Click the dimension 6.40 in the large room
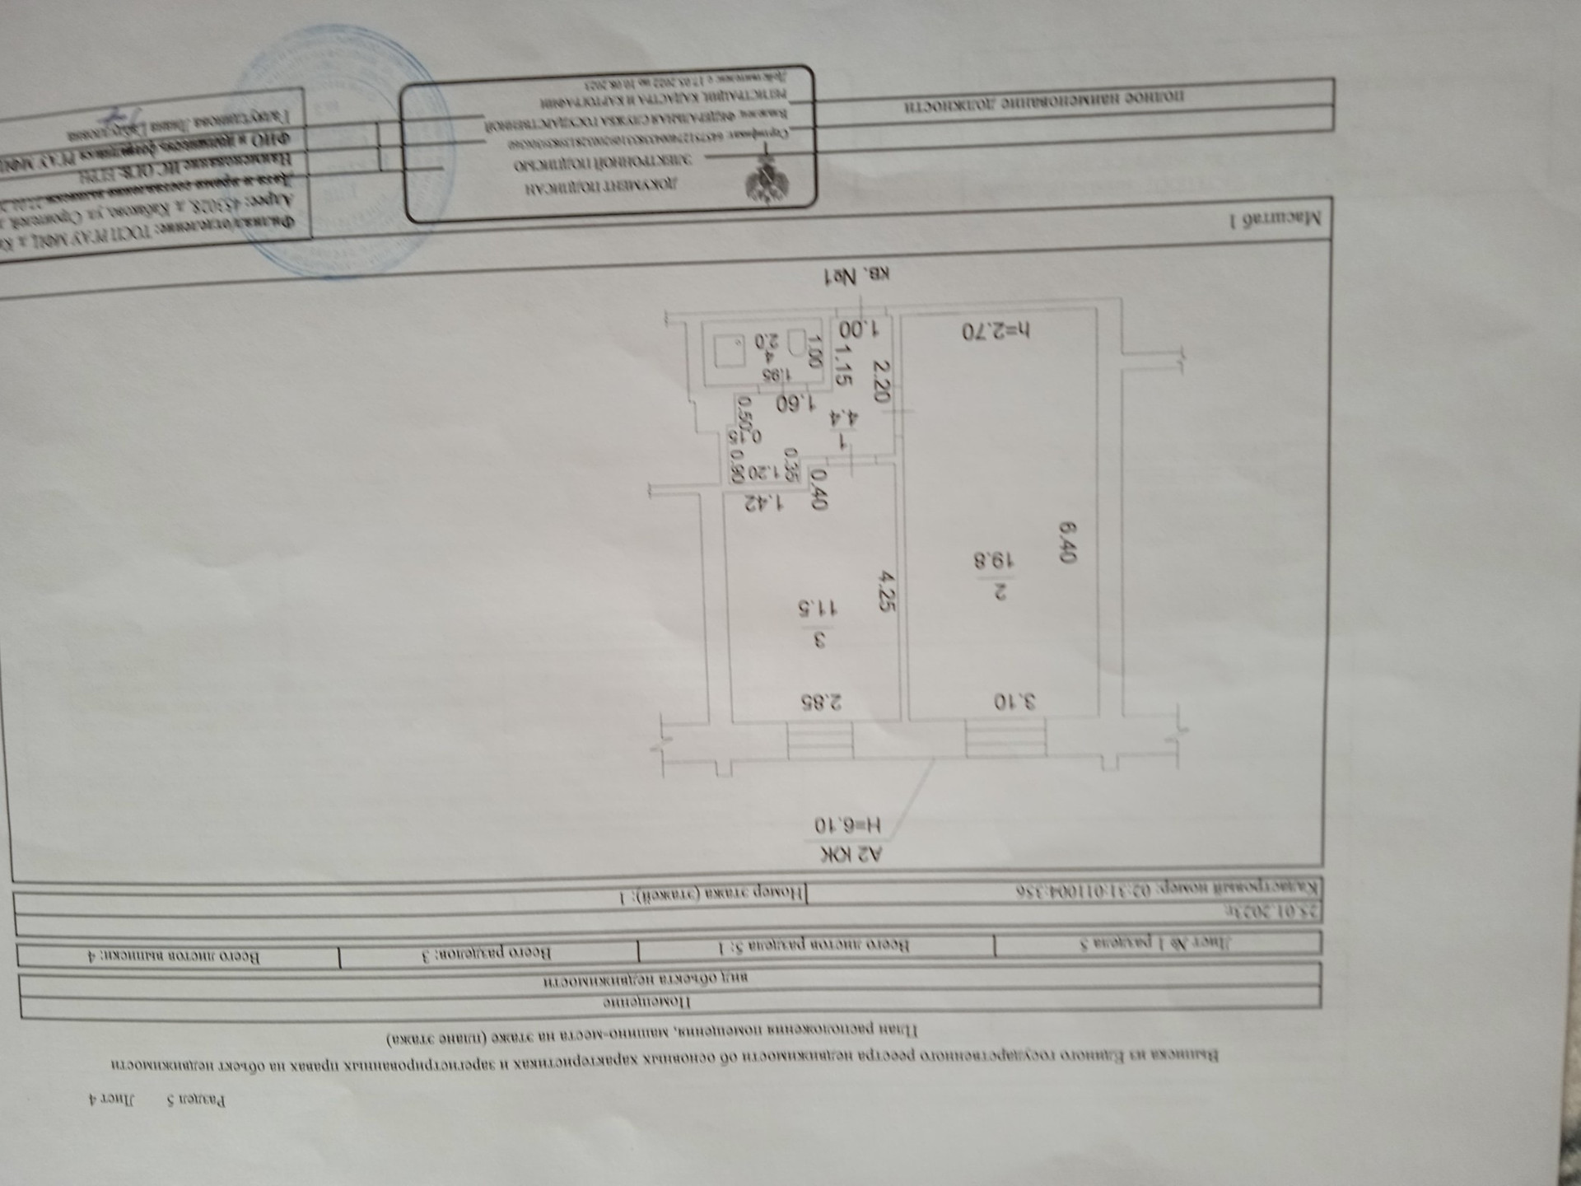[x=1068, y=541]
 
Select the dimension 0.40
[x=820, y=488]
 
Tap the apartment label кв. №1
[x=857, y=277]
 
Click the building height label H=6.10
[x=847, y=824]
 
